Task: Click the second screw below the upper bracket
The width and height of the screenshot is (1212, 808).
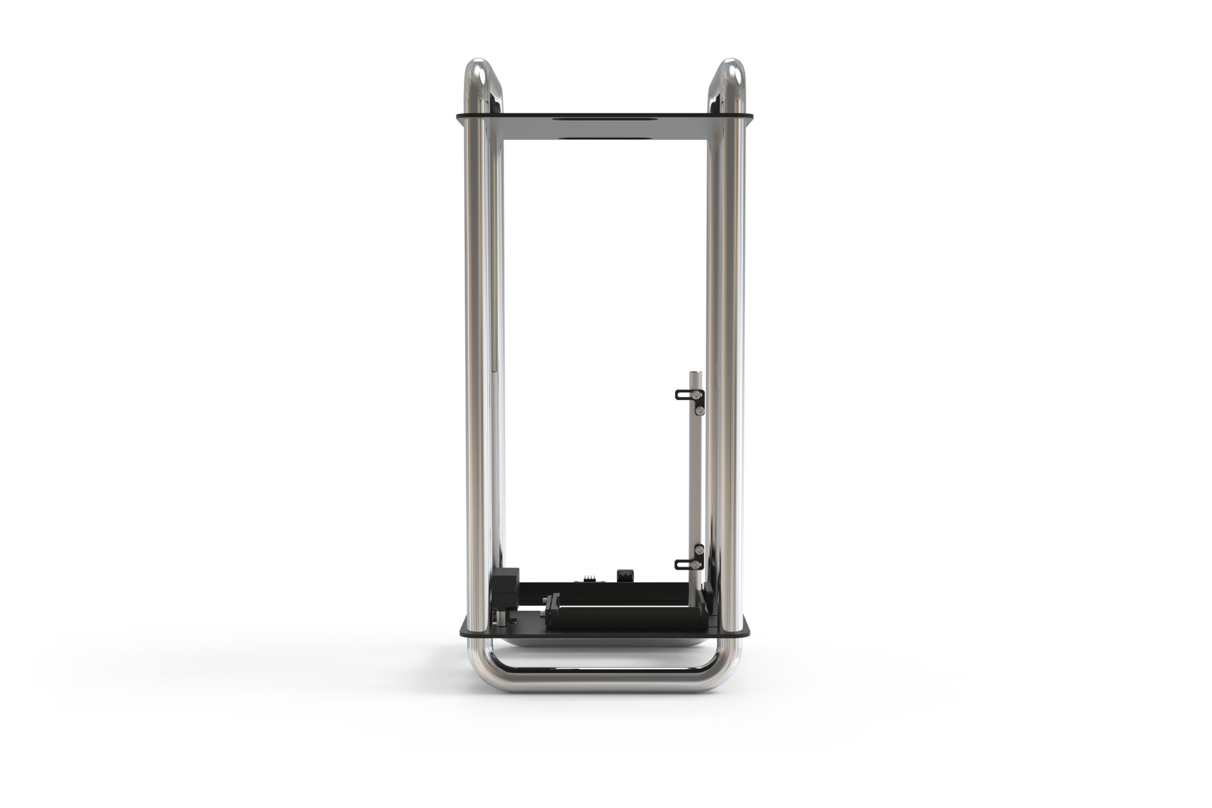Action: click(699, 411)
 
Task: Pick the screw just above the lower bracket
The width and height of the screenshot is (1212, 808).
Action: click(699, 550)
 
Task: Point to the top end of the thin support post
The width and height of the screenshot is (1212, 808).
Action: click(695, 373)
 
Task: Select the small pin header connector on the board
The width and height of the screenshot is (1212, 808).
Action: click(588, 578)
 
